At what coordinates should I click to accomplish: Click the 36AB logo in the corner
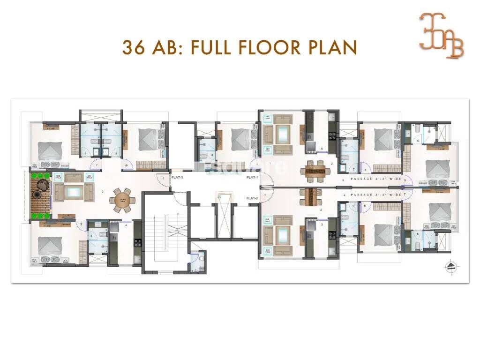pos(441,36)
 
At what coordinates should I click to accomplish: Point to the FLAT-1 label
pos(252,178)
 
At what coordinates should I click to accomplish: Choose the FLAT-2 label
pos(252,198)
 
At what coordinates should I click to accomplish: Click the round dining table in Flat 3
pos(122,199)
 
